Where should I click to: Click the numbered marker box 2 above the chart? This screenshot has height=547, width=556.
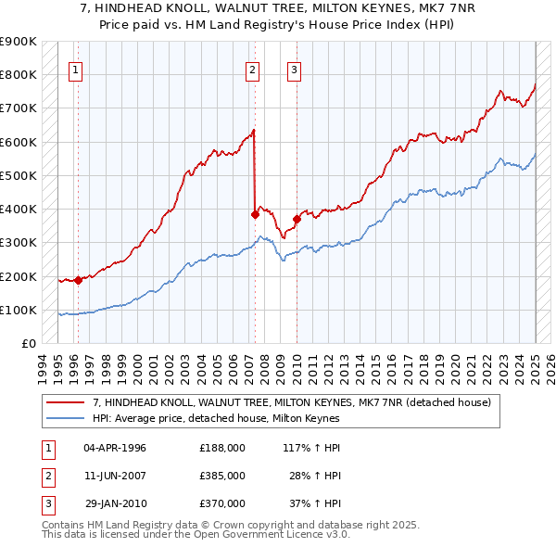(252, 68)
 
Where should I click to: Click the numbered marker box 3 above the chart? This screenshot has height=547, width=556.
(294, 68)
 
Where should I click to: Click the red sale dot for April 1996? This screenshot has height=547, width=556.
(78, 280)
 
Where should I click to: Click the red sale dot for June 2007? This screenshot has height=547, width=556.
(255, 214)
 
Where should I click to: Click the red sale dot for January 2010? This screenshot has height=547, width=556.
(297, 220)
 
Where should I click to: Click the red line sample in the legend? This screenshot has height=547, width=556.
(66, 402)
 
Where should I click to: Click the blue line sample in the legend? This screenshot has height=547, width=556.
(66, 418)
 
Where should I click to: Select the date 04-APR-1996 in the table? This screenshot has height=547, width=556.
(115, 447)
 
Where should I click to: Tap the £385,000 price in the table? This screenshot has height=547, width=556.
(222, 475)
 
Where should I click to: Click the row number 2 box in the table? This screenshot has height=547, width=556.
(47, 475)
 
